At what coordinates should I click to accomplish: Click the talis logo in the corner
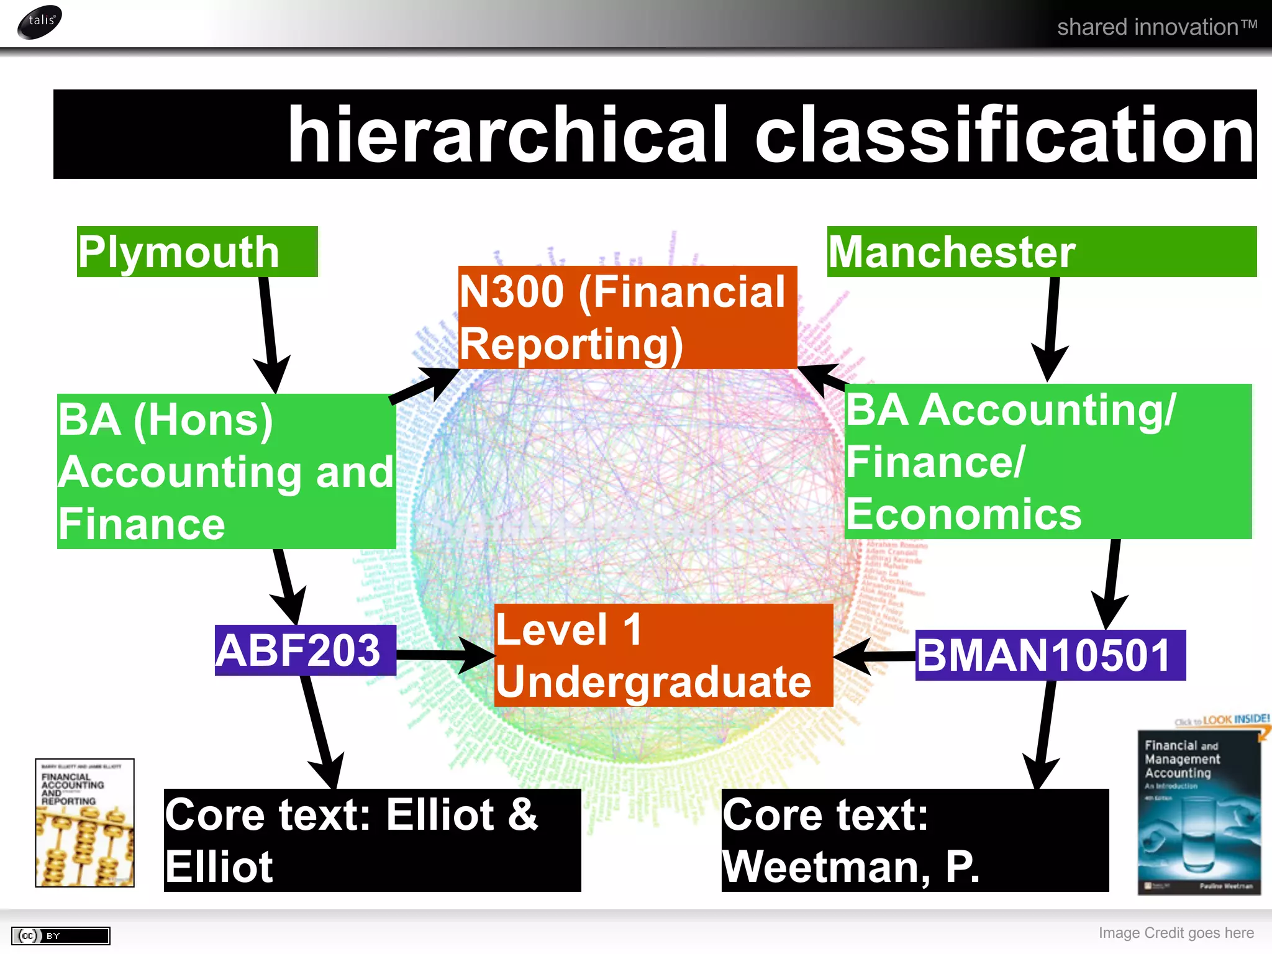coord(40,22)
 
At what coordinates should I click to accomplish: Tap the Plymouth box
coord(196,252)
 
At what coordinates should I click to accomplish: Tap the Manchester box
coord(1041,252)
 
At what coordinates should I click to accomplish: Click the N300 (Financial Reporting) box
coord(627,317)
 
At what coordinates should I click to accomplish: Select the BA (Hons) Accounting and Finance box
coord(226,471)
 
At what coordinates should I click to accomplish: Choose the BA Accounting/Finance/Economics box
coord(1047,461)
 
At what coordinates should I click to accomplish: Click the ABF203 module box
coord(305,650)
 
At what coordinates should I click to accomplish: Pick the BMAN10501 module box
coord(1050,655)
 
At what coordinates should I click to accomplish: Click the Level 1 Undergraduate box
coord(663,655)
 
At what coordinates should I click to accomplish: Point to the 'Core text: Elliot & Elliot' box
coord(372,840)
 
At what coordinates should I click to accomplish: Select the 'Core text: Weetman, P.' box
coord(914,840)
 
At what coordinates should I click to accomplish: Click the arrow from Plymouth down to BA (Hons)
coord(268,329)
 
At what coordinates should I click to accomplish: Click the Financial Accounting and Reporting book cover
coord(84,822)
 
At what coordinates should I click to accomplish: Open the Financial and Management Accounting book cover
coord(1199,811)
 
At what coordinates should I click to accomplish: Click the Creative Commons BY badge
coord(60,935)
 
